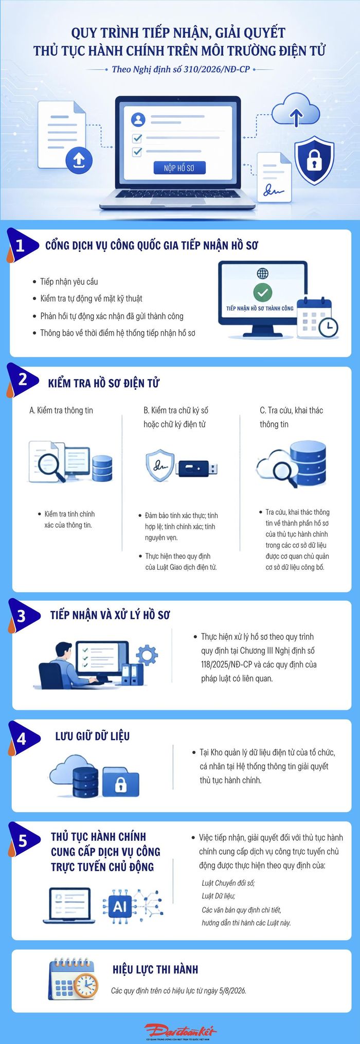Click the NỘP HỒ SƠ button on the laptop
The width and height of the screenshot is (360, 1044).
[x=180, y=168]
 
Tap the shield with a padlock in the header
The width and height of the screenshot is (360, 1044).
[x=314, y=160]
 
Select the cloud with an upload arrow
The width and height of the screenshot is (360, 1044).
[x=296, y=110]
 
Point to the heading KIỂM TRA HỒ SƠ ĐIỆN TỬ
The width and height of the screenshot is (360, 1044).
[x=104, y=383]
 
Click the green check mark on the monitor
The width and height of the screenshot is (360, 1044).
[x=262, y=292]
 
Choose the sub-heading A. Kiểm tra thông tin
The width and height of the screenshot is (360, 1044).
[x=61, y=410]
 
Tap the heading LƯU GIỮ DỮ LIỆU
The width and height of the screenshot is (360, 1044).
[x=93, y=736]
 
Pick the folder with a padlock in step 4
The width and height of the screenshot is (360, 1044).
[x=120, y=782]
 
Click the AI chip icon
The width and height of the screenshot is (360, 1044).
[x=120, y=907]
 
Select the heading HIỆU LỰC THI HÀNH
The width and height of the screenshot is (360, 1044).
[x=155, y=969]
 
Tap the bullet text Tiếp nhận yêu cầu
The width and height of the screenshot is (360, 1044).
[x=69, y=282]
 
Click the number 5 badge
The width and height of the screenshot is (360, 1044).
[x=23, y=841]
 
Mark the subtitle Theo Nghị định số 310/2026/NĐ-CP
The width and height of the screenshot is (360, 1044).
[x=181, y=69]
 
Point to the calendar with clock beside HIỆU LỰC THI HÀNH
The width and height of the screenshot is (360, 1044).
[x=73, y=979]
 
